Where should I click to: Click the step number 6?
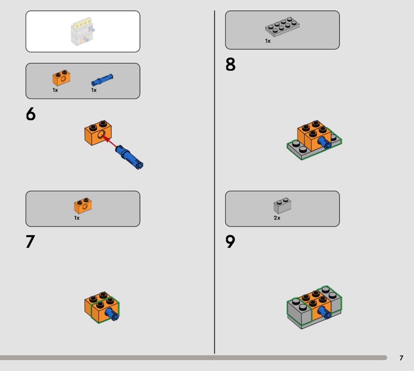pyautogui.click(x=31, y=114)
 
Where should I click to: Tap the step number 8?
pyautogui.click(x=230, y=65)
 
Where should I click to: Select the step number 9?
pyautogui.click(x=230, y=241)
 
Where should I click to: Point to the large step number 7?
pyautogui.click(x=31, y=241)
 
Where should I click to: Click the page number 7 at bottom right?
pyautogui.click(x=402, y=358)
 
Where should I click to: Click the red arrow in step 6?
pyautogui.click(x=109, y=142)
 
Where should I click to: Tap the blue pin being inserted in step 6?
pyautogui.click(x=129, y=157)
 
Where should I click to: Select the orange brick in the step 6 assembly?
pyautogui.click(x=98, y=133)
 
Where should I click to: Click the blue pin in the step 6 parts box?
pyautogui.click(x=102, y=80)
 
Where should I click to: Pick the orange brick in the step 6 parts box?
pyautogui.click(x=61, y=78)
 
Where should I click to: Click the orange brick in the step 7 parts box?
pyautogui.click(x=83, y=206)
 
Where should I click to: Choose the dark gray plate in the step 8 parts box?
pyautogui.click(x=282, y=27)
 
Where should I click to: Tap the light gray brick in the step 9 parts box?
pyautogui.click(x=282, y=206)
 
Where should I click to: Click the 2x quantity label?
pyautogui.click(x=277, y=218)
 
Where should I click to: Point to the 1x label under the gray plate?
pyautogui.click(x=268, y=41)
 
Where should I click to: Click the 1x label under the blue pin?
pyautogui.click(x=94, y=90)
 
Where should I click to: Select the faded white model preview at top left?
pyautogui.click(x=83, y=32)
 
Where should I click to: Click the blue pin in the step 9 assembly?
pyautogui.click(x=324, y=313)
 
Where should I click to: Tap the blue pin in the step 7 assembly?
pyautogui.click(x=112, y=314)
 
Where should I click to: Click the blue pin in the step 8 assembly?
pyautogui.click(x=324, y=143)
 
